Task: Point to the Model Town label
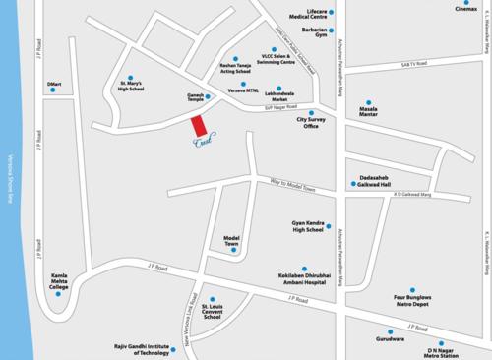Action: (233, 239)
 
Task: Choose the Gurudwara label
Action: (389, 336)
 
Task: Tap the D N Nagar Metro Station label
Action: (442, 351)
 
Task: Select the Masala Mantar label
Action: (370, 116)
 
